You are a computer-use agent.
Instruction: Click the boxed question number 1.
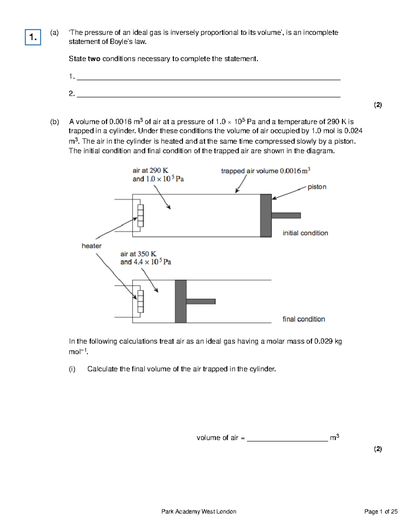point(33,37)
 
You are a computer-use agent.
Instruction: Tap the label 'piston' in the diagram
point(317,187)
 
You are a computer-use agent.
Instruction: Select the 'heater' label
point(91,246)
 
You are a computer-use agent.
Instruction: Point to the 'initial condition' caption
point(305,233)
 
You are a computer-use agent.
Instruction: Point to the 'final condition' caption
point(303,319)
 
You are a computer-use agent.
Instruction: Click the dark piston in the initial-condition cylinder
point(266,215)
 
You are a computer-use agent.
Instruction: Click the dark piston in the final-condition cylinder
point(181,301)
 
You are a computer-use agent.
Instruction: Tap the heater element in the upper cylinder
point(140,216)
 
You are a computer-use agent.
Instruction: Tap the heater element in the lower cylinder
point(140,301)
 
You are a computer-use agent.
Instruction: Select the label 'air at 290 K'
point(150,170)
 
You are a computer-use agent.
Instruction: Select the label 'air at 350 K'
point(138,254)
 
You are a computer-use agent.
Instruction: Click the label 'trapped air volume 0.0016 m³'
point(266,171)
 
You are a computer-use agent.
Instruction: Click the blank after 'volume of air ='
point(287,438)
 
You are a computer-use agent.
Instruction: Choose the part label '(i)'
point(72,369)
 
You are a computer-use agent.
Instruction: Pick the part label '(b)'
point(54,122)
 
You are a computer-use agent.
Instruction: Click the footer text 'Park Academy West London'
point(199,511)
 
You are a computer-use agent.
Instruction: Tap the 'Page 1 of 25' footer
point(381,511)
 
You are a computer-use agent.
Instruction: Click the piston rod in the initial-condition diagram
point(286,215)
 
